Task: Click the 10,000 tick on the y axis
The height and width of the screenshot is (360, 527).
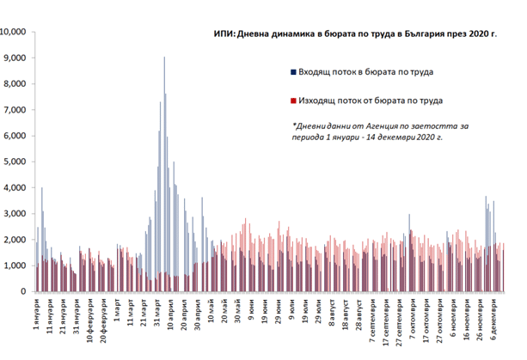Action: [x=16, y=33]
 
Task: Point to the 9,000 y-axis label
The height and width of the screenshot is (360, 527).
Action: [x=18, y=58]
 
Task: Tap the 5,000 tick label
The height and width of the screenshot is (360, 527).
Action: [x=18, y=162]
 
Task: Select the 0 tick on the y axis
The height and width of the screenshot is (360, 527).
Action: [x=28, y=291]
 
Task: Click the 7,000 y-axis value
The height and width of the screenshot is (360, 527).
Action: [x=18, y=110]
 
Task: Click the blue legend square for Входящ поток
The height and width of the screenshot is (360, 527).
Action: [x=294, y=72]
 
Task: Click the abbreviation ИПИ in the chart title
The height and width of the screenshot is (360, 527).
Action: [x=225, y=34]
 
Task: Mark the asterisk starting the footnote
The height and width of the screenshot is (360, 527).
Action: [x=294, y=125]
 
